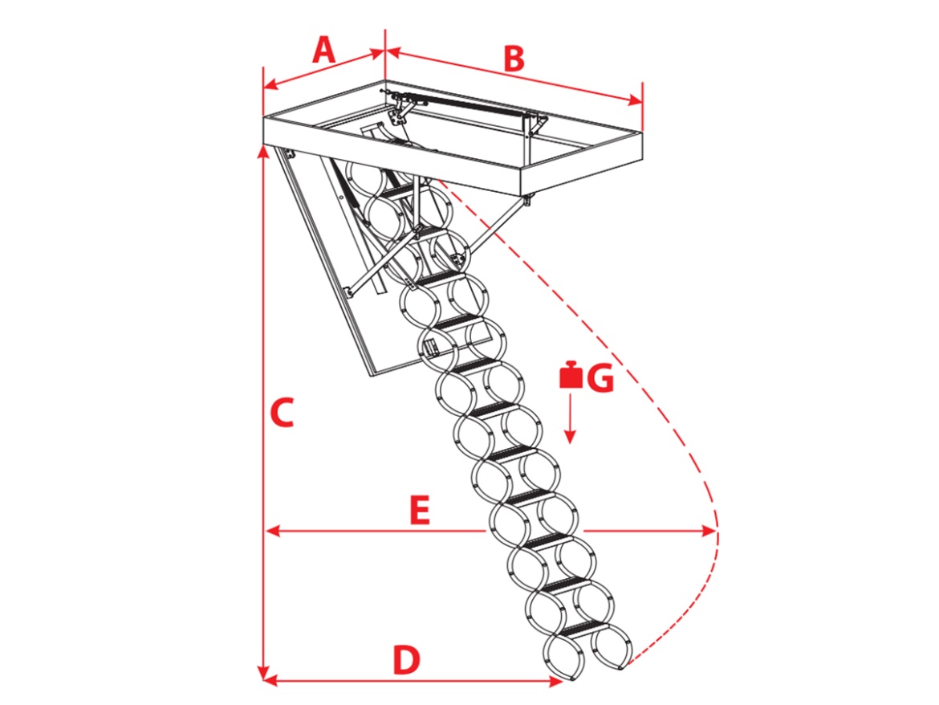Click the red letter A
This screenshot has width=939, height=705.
point(324,50)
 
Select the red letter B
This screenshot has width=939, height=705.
point(514,59)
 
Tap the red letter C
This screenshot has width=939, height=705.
point(282,412)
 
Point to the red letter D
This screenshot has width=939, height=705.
point(406,659)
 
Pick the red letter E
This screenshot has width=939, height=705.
point(420,511)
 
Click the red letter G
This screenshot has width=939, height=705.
point(600,378)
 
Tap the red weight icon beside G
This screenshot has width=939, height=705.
point(571,375)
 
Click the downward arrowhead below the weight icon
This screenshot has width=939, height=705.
point(570,435)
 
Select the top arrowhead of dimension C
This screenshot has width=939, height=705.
point(263,152)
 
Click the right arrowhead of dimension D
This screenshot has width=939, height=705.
point(555,680)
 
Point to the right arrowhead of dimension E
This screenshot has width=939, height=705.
point(709,531)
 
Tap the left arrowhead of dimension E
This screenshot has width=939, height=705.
point(273,531)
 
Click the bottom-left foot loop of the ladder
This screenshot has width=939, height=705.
point(565,657)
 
